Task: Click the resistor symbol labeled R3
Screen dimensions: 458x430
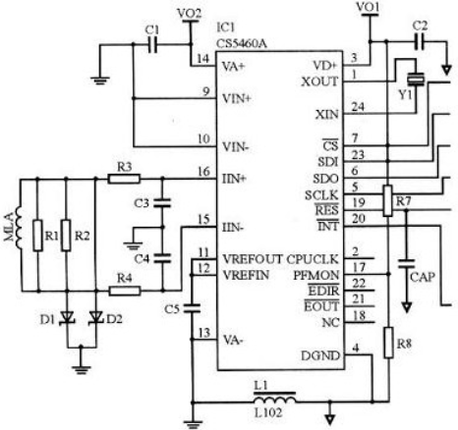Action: tap(124, 179)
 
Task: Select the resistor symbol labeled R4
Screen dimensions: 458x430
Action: tap(125, 291)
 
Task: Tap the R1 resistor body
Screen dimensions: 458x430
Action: tap(38, 236)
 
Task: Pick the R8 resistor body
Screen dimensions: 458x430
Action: tap(388, 343)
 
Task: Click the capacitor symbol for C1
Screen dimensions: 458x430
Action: tap(152, 44)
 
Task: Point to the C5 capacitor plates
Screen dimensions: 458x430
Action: tap(192, 308)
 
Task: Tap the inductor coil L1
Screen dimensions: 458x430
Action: tap(274, 399)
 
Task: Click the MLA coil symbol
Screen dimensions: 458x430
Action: tap(18, 227)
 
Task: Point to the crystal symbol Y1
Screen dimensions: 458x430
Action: tap(416, 80)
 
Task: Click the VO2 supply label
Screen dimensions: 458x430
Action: tap(189, 13)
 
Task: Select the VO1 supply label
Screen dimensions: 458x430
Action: tap(368, 7)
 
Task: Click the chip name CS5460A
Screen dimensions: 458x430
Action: tap(241, 43)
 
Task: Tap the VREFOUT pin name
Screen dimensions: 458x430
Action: tap(252, 259)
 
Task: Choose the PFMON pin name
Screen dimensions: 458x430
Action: tap(315, 275)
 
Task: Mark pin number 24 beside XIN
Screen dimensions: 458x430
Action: tap(358, 107)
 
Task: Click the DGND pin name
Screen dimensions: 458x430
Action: tap(320, 355)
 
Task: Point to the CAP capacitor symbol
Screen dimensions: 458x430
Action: tap(406, 264)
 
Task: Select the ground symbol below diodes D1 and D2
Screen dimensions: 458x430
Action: tap(82, 369)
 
